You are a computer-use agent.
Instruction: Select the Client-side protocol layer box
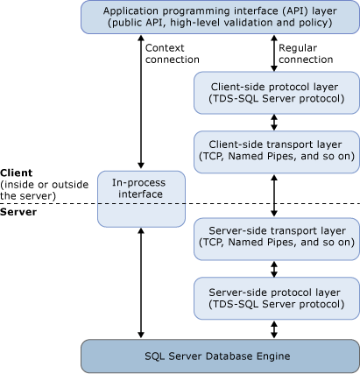click(275, 94)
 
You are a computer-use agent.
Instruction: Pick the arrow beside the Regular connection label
click(276, 54)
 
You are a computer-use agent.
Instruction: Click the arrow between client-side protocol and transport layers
click(276, 123)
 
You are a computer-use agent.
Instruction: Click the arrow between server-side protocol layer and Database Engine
click(276, 328)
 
